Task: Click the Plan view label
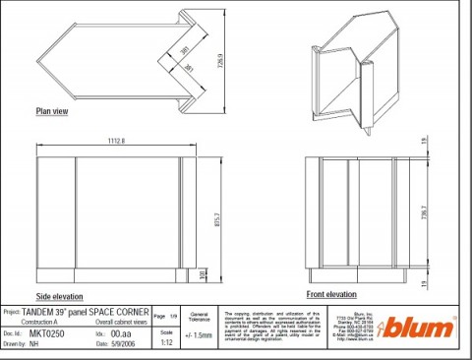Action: pos(51,111)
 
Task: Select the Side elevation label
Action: pos(58,296)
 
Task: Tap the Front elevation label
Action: pos(331,294)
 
